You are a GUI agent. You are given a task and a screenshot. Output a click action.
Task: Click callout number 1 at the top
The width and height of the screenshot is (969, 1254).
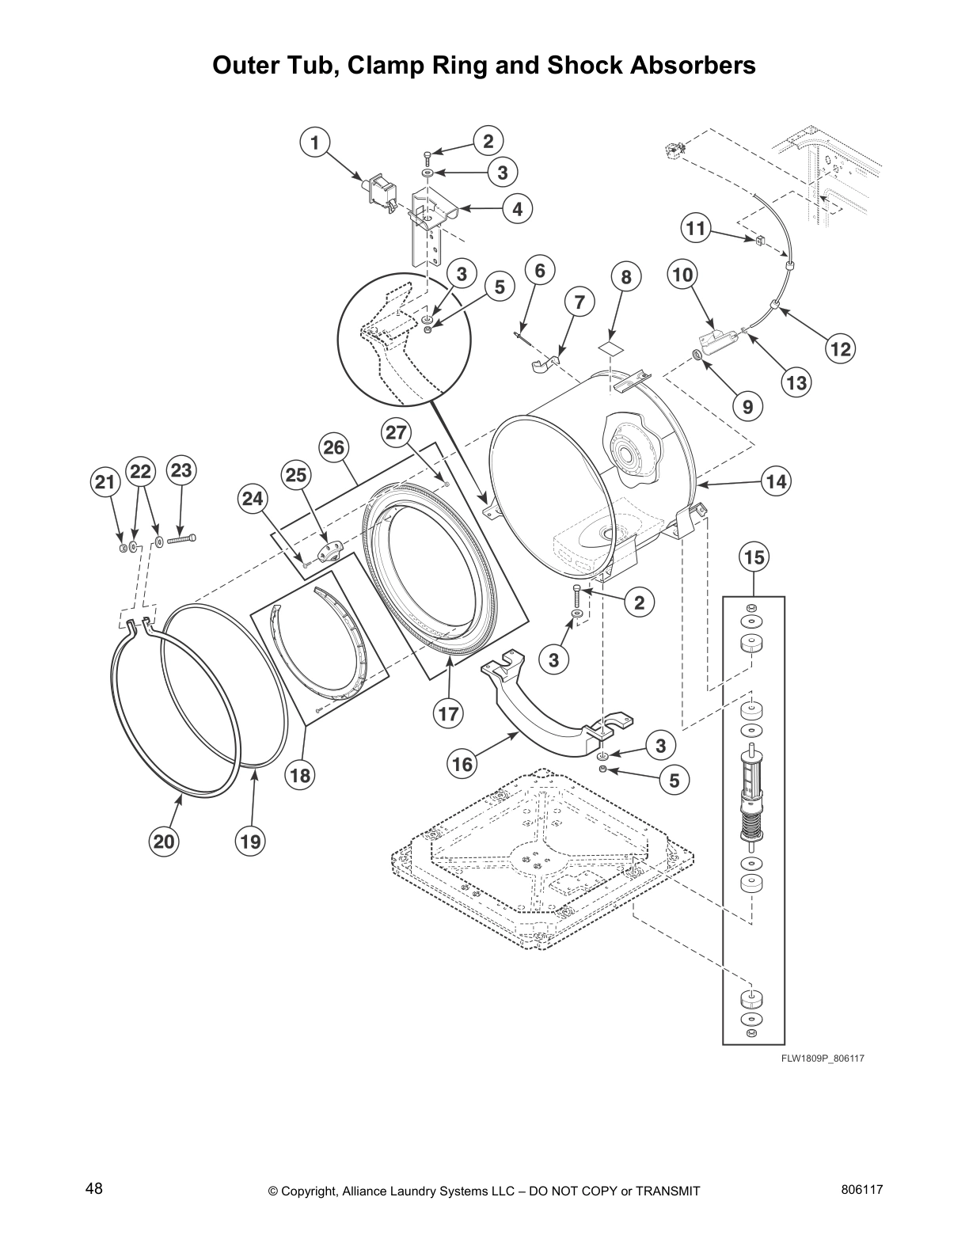click(315, 143)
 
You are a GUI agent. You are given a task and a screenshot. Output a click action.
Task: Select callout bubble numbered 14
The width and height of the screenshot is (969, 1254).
click(777, 481)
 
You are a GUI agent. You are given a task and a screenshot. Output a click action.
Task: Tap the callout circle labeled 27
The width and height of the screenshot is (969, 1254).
click(397, 432)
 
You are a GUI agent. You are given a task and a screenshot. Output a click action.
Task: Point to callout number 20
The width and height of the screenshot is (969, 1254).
click(164, 842)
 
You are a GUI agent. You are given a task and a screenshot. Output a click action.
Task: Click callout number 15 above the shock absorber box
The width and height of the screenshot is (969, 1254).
click(754, 557)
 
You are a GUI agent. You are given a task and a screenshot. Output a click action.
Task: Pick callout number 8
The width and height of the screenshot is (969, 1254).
click(626, 277)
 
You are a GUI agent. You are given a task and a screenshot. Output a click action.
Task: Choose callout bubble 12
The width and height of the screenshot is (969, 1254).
click(841, 348)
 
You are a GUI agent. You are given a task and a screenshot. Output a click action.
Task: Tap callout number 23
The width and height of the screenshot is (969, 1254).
click(181, 471)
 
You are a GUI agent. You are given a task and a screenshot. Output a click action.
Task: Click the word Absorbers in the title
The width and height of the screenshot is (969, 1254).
click(691, 65)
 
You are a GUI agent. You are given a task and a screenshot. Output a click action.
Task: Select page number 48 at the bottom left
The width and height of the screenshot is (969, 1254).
click(94, 1189)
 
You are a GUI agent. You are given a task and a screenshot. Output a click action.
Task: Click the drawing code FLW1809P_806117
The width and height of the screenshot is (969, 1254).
click(818, 1059)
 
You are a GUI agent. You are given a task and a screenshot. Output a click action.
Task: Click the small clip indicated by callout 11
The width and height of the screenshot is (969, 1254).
click(757, 239)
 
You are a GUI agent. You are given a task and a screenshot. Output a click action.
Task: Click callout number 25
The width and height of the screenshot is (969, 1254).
click(295, 475)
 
